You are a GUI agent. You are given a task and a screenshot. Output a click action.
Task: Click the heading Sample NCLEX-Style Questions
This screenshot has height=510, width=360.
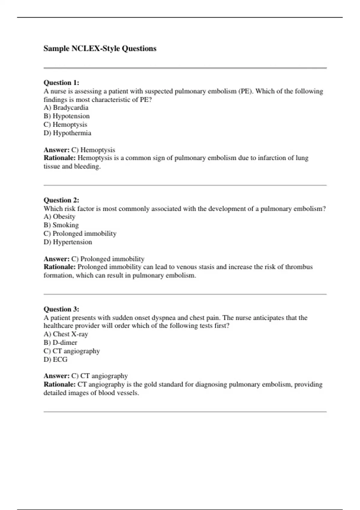tap(100, 49)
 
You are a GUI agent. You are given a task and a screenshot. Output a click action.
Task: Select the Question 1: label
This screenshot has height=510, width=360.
tap(61, 82)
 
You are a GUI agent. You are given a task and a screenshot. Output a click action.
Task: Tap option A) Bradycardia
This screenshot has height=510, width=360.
tap(66, 108)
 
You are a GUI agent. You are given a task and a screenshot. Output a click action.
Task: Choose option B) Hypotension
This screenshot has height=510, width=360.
tap(67, 116)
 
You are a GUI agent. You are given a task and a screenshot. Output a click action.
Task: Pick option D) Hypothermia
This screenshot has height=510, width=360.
tap(67, 133)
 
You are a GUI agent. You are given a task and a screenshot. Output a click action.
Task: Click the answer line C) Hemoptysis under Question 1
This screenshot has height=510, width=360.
tap(93, 150)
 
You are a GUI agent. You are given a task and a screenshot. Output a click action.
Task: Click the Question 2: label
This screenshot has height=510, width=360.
tap(61, 200)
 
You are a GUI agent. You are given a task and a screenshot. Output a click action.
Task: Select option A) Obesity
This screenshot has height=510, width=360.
tap(59, 217)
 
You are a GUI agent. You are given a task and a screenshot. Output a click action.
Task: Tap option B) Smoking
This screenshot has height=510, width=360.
tap(61, 225)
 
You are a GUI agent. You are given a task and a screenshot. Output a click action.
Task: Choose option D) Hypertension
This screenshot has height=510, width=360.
tap(68, 242)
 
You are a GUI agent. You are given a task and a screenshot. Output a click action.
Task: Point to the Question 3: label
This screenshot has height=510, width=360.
tap(61, 309)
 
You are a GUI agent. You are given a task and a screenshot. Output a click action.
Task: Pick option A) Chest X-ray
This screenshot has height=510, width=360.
tap(66, 334)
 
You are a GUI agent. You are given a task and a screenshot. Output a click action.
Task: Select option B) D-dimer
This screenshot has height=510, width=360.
tap(60, 343)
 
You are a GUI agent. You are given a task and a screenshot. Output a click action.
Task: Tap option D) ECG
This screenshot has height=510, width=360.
tap(55, 359)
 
